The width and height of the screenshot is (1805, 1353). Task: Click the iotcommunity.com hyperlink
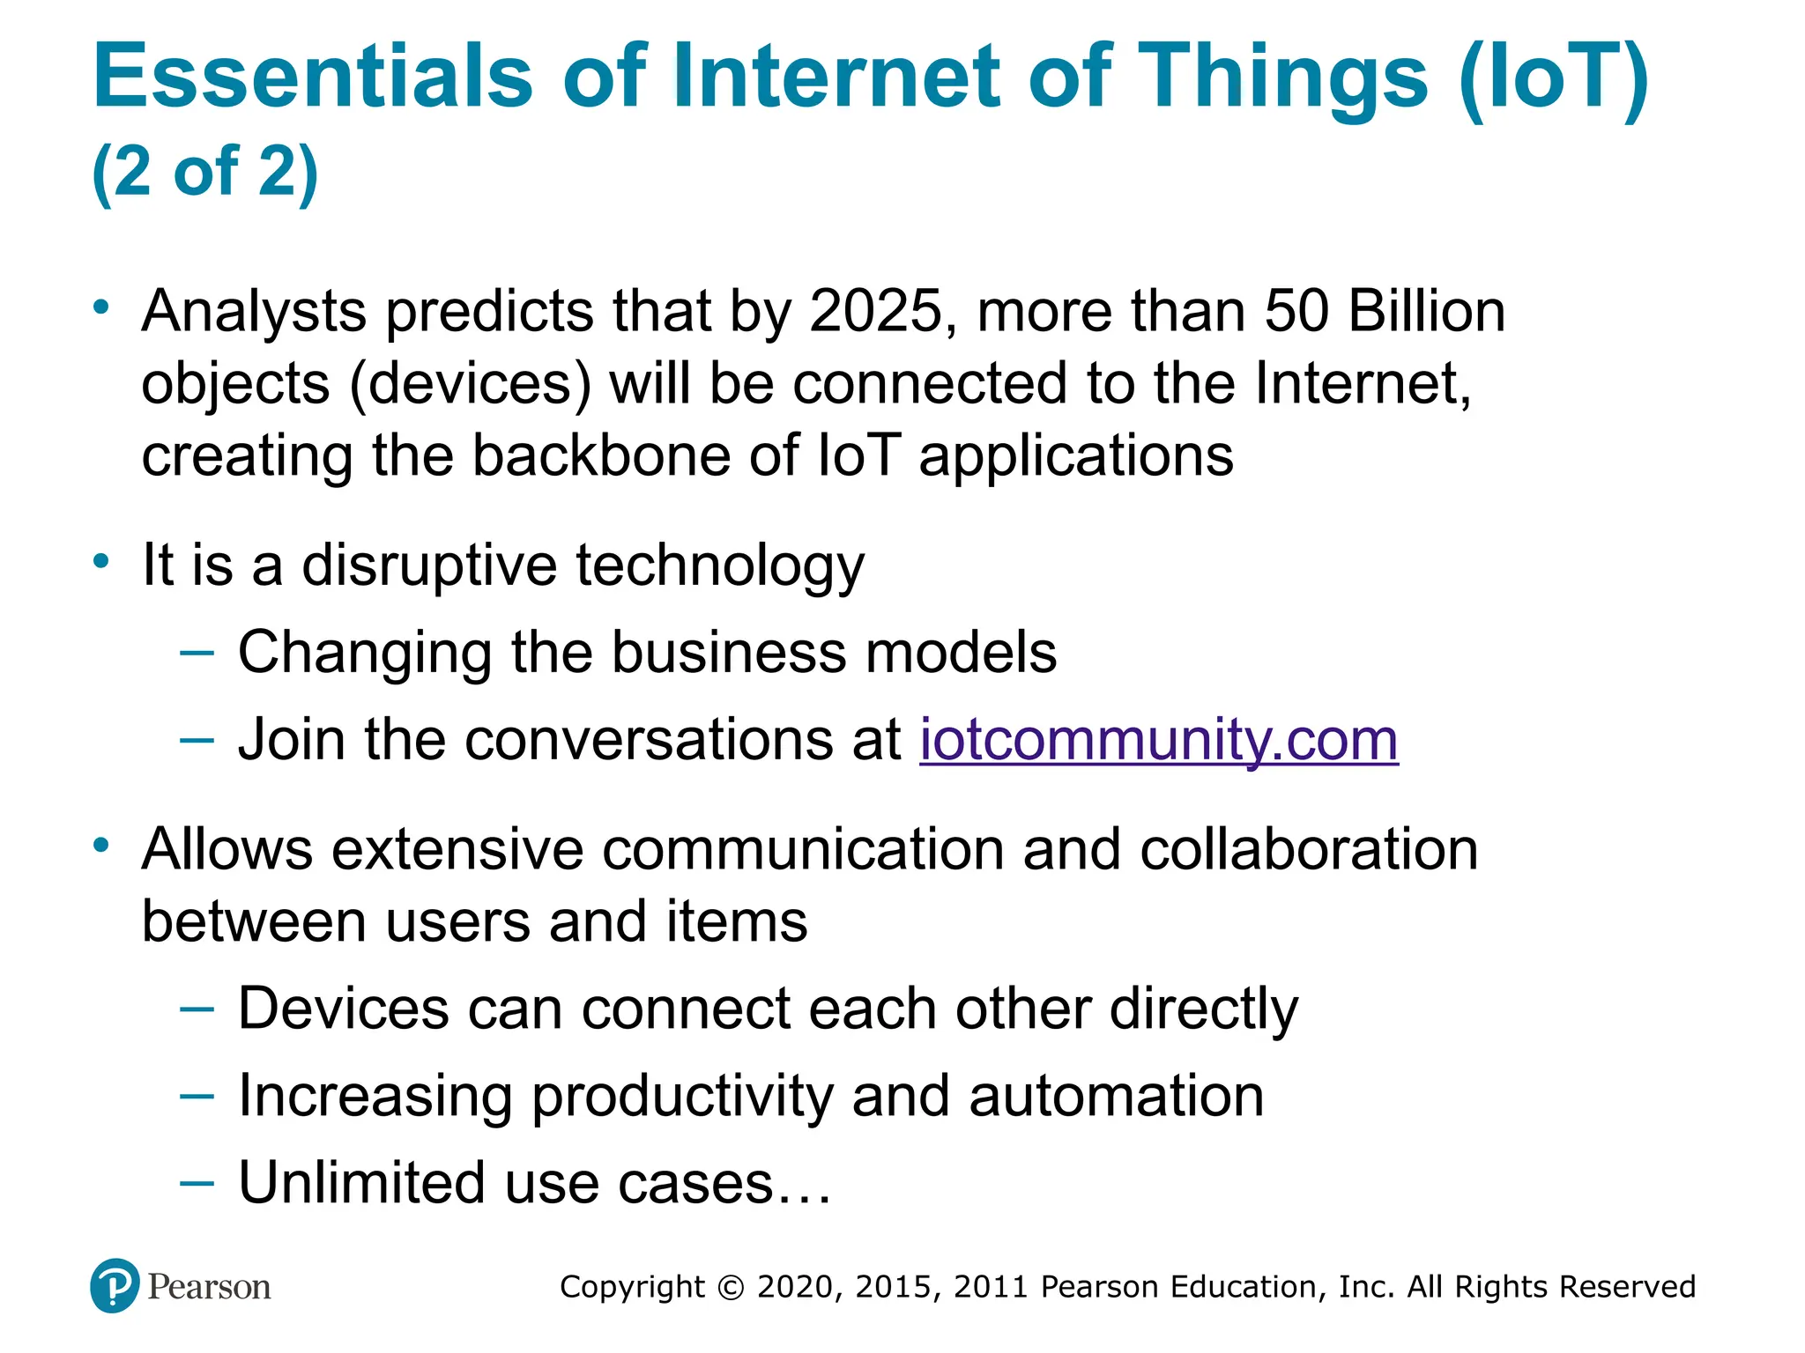(1158, 739)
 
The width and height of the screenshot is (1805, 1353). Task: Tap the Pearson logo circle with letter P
(115, 1286)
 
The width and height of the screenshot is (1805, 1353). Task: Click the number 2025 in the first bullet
(875, 312)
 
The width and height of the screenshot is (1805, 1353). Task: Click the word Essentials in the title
(313, 78)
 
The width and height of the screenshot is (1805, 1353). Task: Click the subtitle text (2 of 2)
(204, 172)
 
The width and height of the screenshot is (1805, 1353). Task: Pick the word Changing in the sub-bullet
(364, 653)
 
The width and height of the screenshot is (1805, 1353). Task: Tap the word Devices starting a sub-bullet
(343, 1009)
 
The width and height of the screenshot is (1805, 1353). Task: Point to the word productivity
(681, 1098)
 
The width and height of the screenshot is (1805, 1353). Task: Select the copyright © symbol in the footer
(731, 1287)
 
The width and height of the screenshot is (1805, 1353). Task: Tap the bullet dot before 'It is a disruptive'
(102, 560)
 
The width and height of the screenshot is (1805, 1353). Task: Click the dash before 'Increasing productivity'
(197, 1096)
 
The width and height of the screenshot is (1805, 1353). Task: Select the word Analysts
(254, 312)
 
